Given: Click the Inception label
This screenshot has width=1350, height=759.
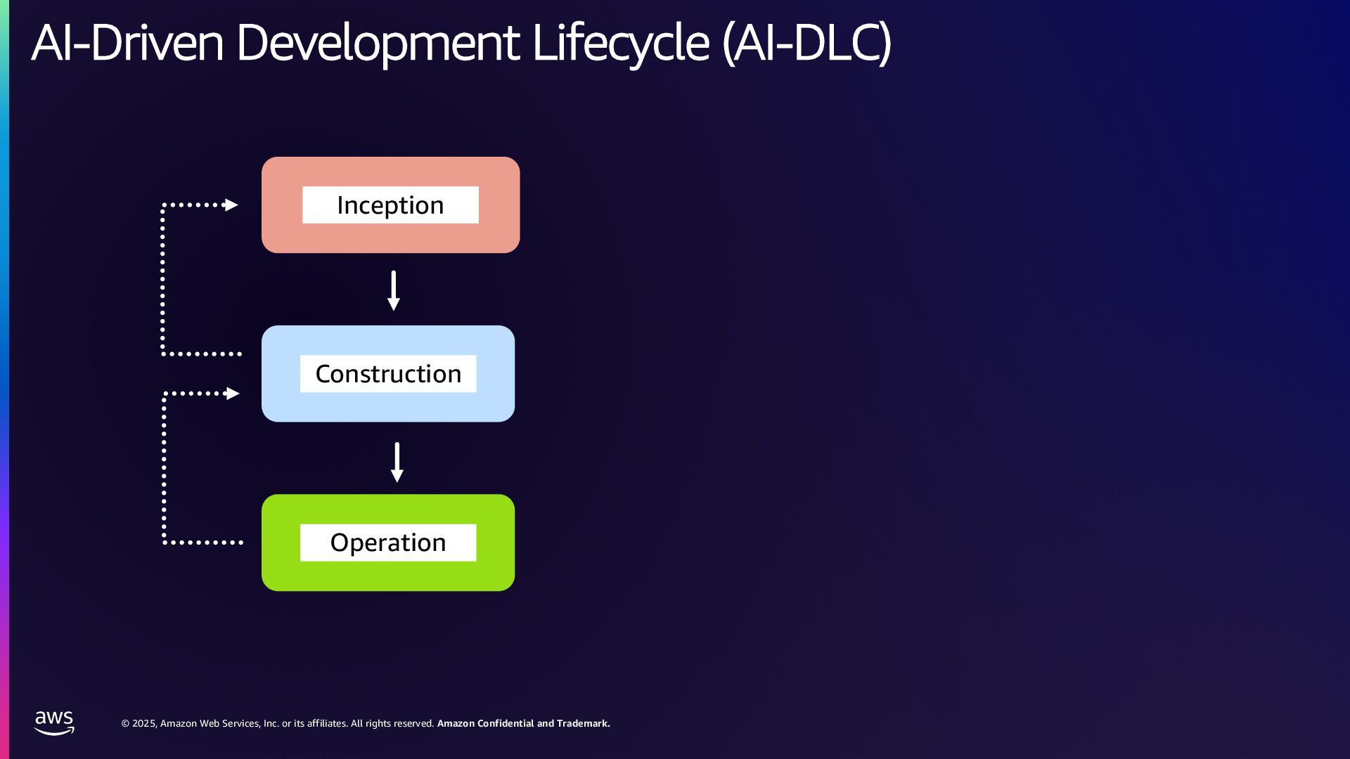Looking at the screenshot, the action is [x=390, y=205].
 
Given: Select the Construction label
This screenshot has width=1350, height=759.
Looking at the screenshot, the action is [x=388, y=374].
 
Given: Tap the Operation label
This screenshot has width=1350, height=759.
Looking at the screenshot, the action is [x=388, y=543].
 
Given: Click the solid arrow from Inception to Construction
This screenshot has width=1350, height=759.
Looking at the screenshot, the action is [x=394, y=290].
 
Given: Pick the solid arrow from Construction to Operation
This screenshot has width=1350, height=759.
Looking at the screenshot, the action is [x=397, y=462].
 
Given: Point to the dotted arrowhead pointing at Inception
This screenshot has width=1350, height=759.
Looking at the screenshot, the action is [x=231, y=205].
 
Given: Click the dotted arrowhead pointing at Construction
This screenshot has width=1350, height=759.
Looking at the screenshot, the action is [x=232, y=394].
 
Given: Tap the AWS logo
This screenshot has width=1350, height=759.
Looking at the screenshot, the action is [x=54, y=722].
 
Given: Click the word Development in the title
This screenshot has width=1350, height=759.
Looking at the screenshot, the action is [x=378, y=44].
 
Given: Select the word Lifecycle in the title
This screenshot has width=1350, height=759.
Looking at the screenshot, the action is [x=620, y=44].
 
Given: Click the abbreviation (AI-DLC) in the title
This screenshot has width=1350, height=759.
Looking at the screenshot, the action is [x=807, y=44].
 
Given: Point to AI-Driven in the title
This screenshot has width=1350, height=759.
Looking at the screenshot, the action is [x=127, y=44].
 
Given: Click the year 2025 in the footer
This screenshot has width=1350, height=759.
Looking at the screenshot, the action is [x=144, y=723].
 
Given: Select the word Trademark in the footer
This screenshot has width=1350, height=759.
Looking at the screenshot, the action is [x=583, y=723].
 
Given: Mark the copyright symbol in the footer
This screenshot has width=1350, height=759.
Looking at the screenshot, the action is [x=125, y=723].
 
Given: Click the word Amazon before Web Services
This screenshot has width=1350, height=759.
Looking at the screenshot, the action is [x=179, y=723].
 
